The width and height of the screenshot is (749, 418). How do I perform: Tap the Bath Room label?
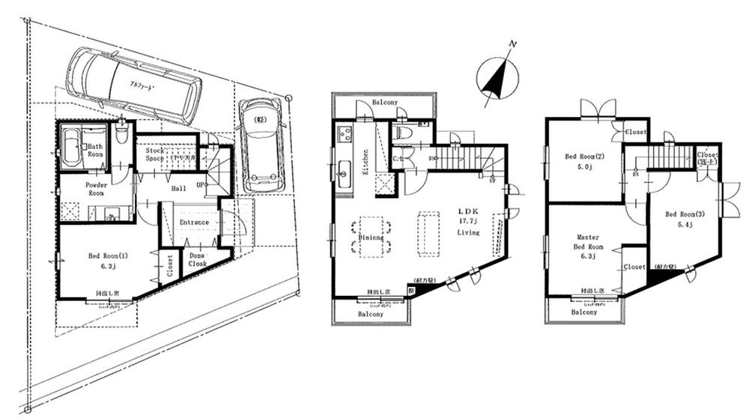[x=95, y=151]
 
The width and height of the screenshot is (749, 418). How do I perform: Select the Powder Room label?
[x=98, y=188]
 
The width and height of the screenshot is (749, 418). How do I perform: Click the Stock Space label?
[x=155, y=155]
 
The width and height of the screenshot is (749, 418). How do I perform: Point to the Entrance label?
[x=194, y=222]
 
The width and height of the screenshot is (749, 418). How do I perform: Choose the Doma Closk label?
[x=198, y=260]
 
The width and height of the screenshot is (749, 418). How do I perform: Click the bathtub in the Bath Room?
[x=71, y=147]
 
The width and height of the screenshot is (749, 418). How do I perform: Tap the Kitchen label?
[x=366, y=162]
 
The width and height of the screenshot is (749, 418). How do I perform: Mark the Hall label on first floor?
[x=178, y=190]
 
